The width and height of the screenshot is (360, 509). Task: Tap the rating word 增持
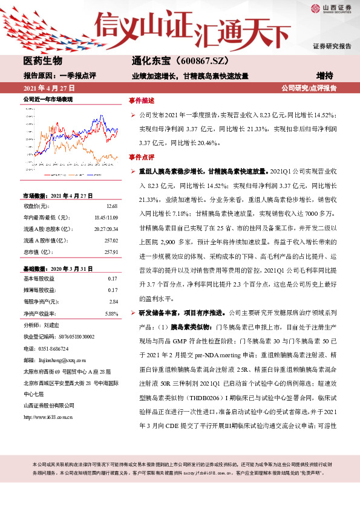327,76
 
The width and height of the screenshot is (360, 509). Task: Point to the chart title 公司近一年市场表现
48,99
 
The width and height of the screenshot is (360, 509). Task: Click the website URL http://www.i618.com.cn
48,400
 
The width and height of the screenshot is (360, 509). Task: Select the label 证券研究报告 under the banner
332,46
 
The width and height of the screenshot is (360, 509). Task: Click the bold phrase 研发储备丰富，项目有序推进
183,313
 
